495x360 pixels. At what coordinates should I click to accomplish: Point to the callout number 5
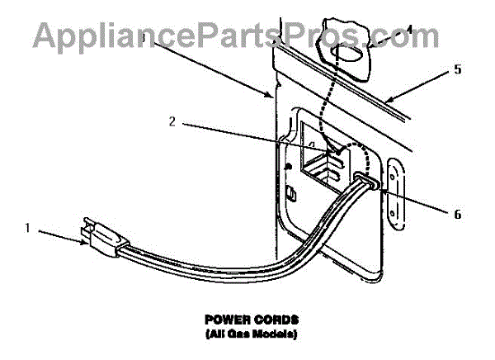point(457,69)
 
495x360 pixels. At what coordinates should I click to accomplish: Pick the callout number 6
point(456,215)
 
